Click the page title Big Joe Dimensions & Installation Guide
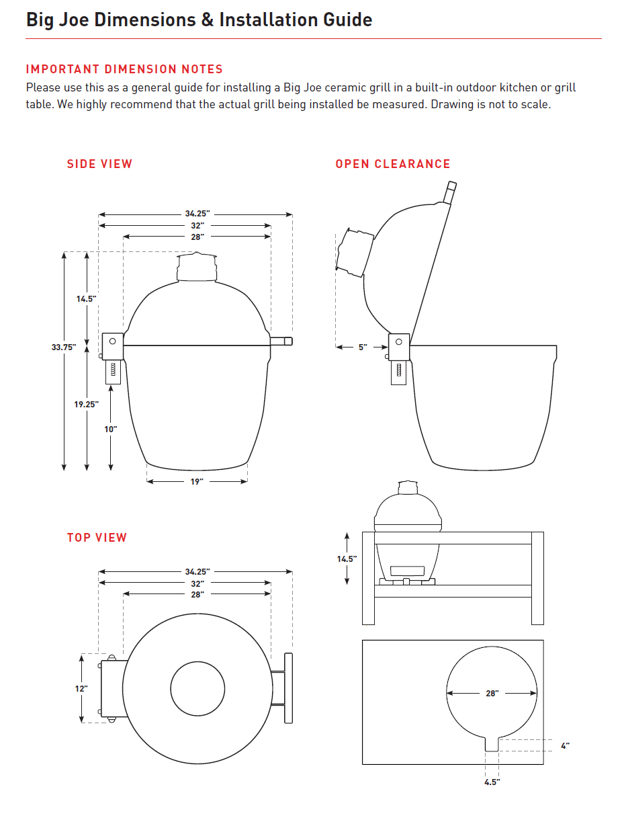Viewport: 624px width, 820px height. click(199, 19)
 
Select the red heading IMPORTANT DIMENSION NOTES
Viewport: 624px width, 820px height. click(124, 69)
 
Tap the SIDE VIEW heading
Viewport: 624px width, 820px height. click(99, 164)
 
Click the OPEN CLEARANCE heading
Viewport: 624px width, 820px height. click(393, 164)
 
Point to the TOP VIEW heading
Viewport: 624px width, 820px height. click(97, 538)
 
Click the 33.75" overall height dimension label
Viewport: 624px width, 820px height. click(64, 347)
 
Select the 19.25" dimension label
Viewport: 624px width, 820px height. click(87, 404)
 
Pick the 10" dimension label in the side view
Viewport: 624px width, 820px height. click(111, 429)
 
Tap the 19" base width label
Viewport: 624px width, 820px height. click(196, 482)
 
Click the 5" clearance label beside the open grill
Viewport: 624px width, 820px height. click(363, 347)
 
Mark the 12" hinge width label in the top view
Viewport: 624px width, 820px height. click(81, 688)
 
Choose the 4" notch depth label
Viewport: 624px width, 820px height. click(565, 746)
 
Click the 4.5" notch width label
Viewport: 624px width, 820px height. click(492, 782)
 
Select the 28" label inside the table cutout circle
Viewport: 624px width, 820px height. click(492, 693)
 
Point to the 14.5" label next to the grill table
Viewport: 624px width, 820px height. click(347, 559)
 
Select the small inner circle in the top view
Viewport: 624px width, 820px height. click(197, 689)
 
